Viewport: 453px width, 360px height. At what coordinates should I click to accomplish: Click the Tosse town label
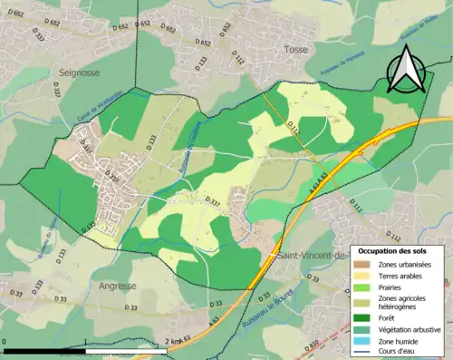tap(296, 50)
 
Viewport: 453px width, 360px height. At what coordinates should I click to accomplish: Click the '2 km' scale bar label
tap(177, 340)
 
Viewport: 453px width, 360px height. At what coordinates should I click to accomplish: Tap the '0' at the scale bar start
tap(5, 340)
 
